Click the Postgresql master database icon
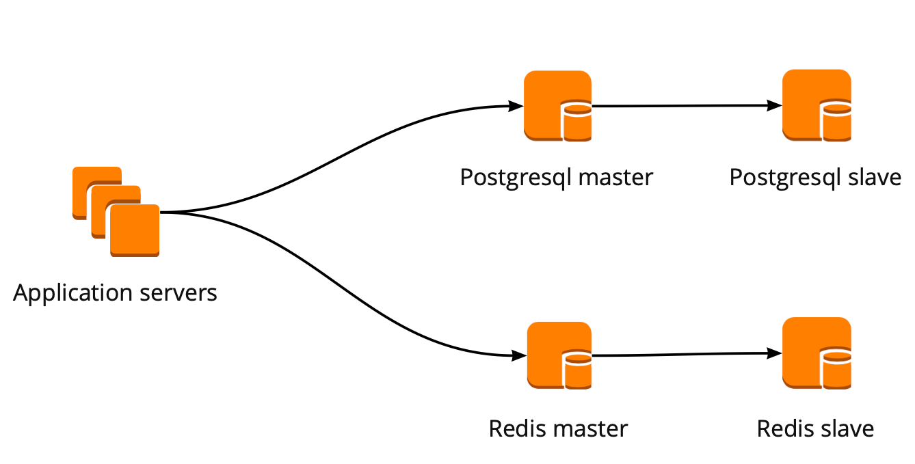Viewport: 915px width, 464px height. [x=557, y=106]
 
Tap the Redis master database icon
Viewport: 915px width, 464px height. [x=559, y=355]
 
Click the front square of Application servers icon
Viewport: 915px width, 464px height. [x=135, y=230]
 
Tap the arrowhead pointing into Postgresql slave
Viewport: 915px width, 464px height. [x=775, y=105]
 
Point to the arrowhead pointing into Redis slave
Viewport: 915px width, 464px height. [x=775, y=353]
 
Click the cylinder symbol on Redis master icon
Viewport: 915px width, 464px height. [x=576, y=370]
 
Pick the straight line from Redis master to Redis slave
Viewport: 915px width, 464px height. [x=684, y=355]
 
